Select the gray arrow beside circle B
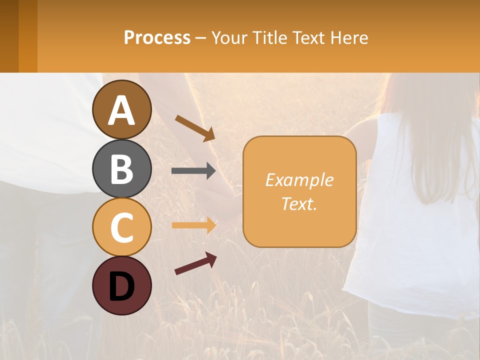[193, 171]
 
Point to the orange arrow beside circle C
[193, 225]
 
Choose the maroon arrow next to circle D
[195, 263]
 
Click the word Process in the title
[157, 38]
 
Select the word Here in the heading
[348, 38]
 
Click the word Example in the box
[299, 180]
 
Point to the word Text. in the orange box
[299, 203]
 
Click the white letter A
[121, 111]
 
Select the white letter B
[121, 169]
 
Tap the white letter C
[121, 227]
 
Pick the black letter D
[121, 286]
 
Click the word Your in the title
[228, 38]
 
